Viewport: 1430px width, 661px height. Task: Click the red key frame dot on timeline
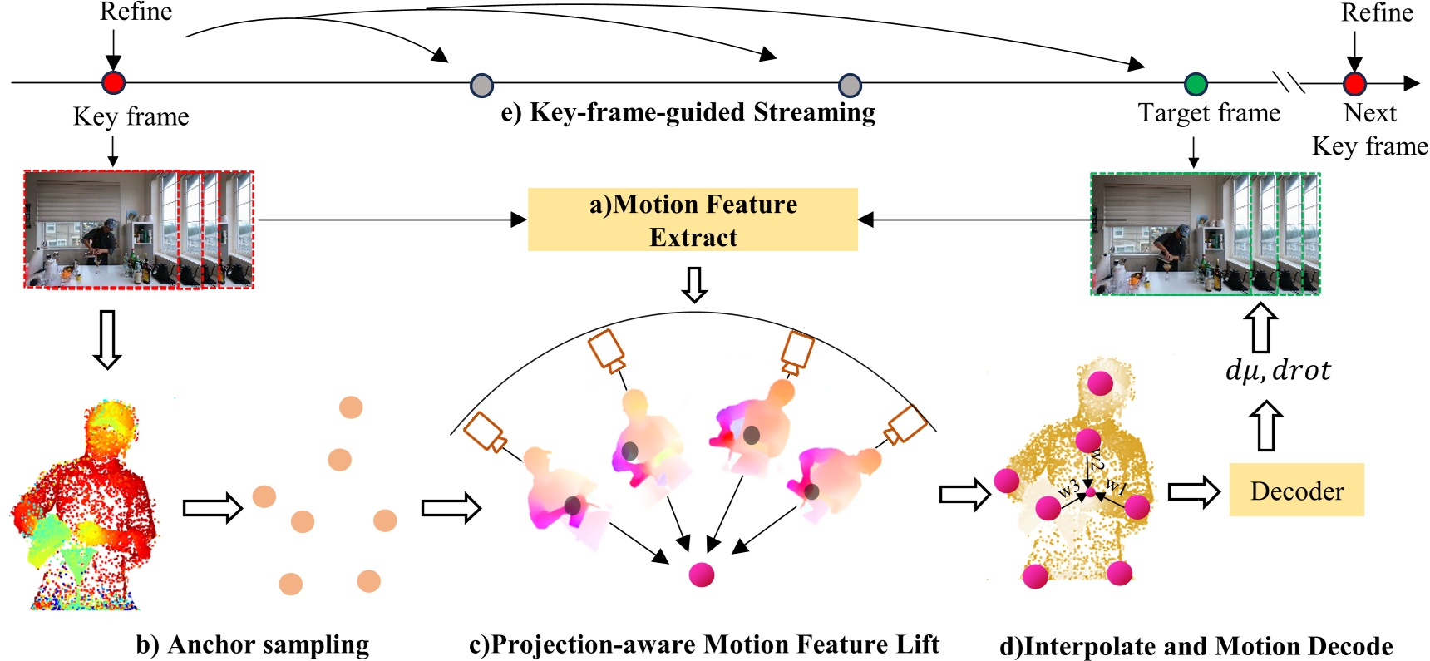pos(113,82)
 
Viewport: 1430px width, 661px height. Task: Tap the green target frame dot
pos(1195,84)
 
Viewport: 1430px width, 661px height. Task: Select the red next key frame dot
pos(1354,84)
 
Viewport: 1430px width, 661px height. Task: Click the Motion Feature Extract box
pos(693,220)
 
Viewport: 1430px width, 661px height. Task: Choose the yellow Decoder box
pos(1296,491)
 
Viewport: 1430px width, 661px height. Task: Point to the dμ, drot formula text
pos(1278,370)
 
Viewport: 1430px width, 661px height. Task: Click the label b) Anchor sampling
pos(253,644)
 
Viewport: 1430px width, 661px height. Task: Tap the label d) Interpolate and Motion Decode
pos(1196,646)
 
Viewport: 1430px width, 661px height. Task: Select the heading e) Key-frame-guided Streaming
pos(688,112)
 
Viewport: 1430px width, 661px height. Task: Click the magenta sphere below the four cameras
pos(701,574)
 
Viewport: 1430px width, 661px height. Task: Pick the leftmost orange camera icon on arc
pos(484,432)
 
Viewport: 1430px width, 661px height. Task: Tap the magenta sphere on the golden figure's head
pos(1100,383)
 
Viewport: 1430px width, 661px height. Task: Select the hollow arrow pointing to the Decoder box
pos(1193,491)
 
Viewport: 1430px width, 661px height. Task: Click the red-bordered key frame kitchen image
pos(138,229)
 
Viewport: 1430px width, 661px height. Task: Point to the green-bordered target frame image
pos(1205,234)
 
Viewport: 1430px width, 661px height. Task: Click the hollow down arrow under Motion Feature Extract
pos(694,284)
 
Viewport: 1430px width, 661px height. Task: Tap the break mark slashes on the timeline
pos(1289,82)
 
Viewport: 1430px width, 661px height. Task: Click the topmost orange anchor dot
pos(351,407)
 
